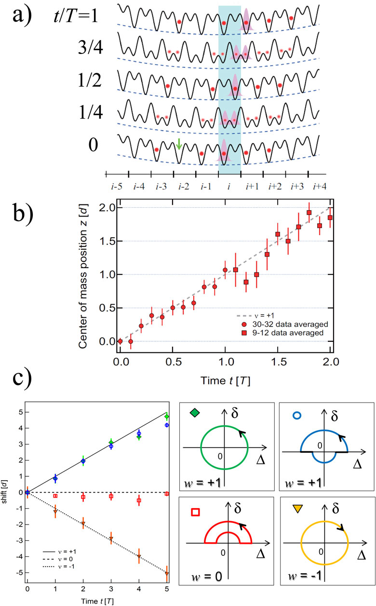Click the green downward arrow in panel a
click(178, 144)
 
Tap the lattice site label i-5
click(117, 187)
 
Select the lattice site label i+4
click(320, 187)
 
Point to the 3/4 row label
click(90, 47)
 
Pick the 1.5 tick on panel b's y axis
click(107, 241)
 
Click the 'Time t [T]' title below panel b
click(225, 381)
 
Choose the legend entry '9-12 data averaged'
click(283, 333)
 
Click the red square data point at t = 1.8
click(309, 213)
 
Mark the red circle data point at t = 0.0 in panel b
click(120, 341)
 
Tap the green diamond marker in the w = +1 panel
click(195, 413)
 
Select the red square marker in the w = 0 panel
click(196, 512)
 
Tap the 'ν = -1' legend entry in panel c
click(59, 566)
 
